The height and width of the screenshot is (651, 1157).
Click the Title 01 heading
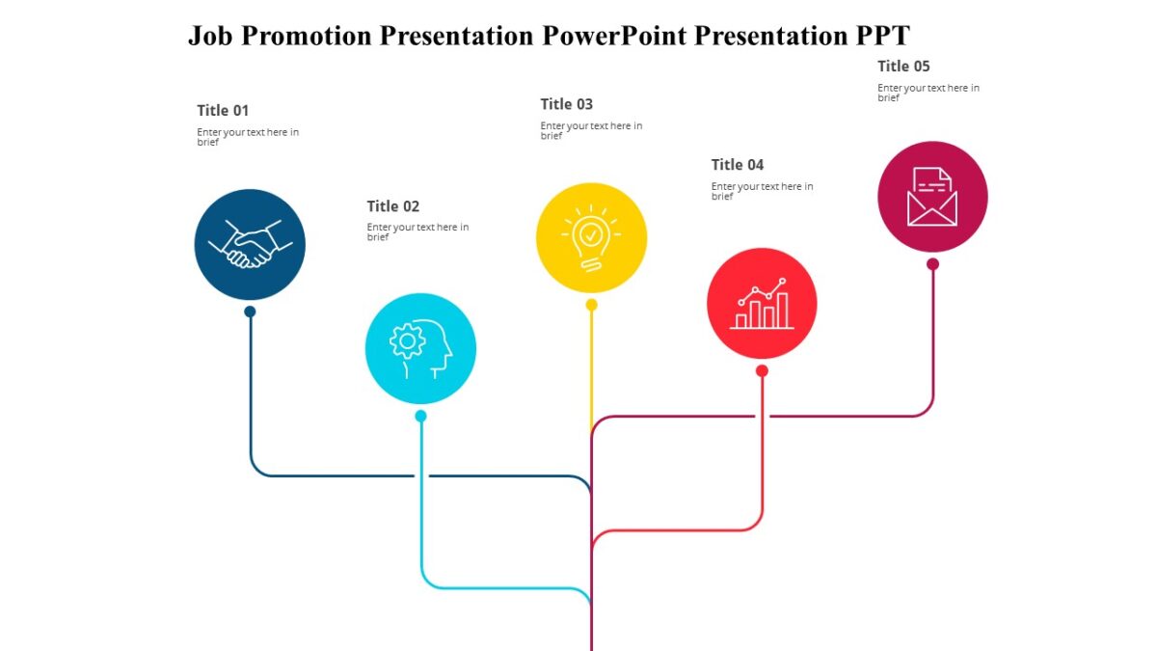[x=223, y=111]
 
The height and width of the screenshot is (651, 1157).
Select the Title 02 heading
[x=393, y=206]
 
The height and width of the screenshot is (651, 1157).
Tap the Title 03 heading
[x=567, y=104]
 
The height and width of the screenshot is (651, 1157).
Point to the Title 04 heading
[x=738, y=165]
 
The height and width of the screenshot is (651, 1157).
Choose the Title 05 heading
[x=903, y=67]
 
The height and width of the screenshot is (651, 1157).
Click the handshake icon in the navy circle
[x=250, y=244]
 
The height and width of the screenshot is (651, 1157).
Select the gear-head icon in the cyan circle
[x=420, y=348]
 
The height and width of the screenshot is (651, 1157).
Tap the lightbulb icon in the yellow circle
[x=591, y=237]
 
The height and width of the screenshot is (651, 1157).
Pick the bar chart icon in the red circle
[x=762, y=304]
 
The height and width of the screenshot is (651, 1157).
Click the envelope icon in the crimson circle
[x=932, y=197]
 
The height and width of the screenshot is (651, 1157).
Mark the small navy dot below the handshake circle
[x=250, y=312]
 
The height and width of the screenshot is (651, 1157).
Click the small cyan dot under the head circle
[x=420, y=416]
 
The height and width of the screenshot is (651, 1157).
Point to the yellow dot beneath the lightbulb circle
[x=591, y=305]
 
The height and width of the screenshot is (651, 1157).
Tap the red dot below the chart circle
[x=762, y=370]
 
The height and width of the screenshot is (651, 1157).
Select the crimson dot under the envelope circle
[x=932, y=263]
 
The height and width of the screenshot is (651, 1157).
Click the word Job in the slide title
[x=210, y=37]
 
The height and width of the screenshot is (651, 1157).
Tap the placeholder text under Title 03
[x=591, y=130]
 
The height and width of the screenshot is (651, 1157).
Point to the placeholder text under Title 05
[x=928, y=92]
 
